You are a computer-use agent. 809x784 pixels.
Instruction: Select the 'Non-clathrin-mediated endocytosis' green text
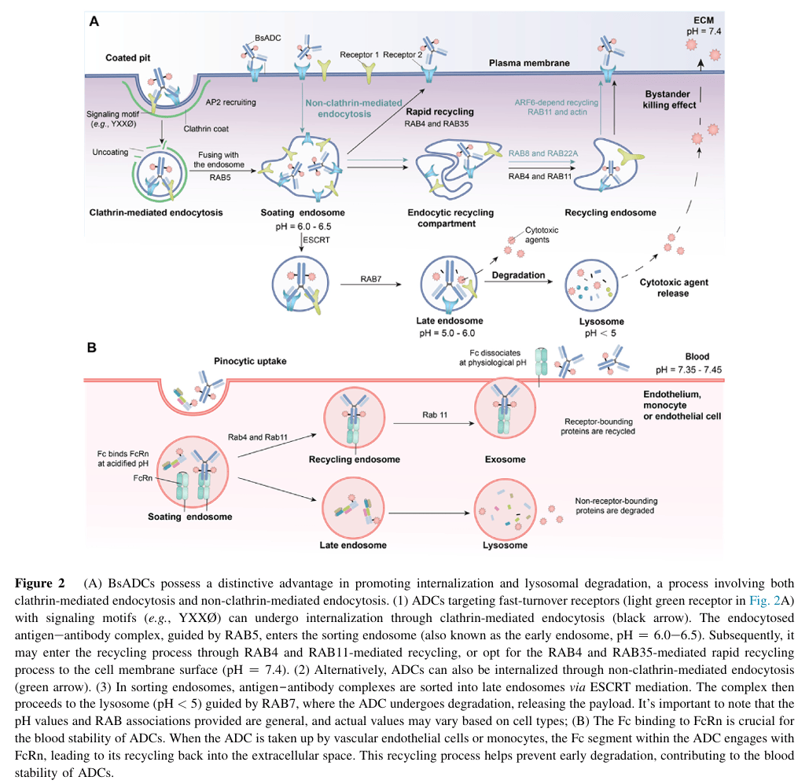(x=353, y=108)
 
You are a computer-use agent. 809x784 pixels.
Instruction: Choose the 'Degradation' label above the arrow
(x=518, y=275)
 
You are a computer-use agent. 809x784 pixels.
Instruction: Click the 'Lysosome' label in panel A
(x=601, y=322)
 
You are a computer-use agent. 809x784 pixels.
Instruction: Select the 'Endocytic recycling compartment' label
(x=450, y=218)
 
